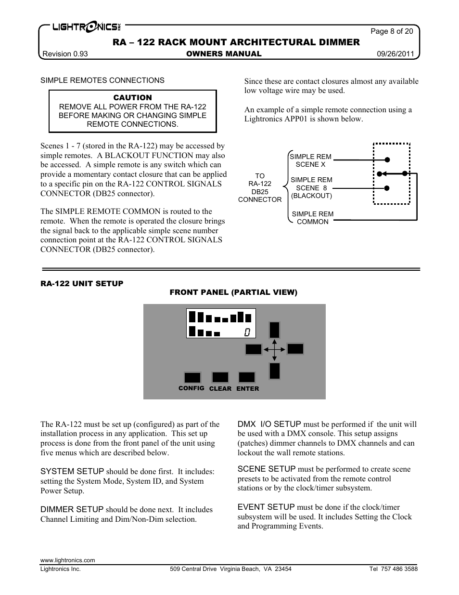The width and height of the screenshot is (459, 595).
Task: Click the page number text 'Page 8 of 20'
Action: (391, 31)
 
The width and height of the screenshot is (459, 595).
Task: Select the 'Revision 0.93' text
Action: (65, 54)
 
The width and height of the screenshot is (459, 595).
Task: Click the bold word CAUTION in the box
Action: (132, 97)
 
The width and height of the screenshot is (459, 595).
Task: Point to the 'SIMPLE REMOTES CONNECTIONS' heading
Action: (102, 80)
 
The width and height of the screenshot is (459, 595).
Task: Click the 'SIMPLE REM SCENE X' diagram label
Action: (310, 160)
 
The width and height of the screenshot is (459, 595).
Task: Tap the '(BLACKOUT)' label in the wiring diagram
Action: (311, 196)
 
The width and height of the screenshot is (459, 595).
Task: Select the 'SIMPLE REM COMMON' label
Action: (313, 218)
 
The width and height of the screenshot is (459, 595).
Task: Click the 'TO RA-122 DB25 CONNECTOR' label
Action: (260, 188)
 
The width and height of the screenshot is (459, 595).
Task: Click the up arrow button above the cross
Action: (274, 330)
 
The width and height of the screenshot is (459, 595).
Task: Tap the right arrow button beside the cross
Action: (295, 349)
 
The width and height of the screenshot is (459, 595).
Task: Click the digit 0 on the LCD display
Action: (247, 332)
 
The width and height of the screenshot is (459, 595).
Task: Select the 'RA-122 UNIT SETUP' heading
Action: (82, 283)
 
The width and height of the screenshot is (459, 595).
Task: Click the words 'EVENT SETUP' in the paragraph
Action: (266, 507)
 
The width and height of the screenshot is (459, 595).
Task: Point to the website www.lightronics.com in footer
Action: (68, 560)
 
